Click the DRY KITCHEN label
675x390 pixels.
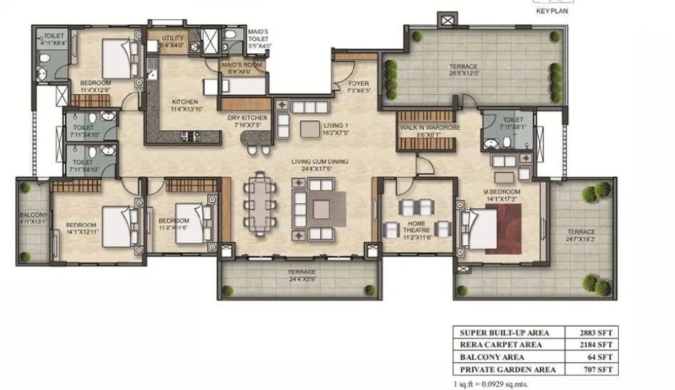[x=247, y=118]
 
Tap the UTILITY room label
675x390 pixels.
[x=173, y=38]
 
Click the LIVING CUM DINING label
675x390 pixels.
[x=319, y=163]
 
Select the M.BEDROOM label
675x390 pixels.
[x=501, y=192]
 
